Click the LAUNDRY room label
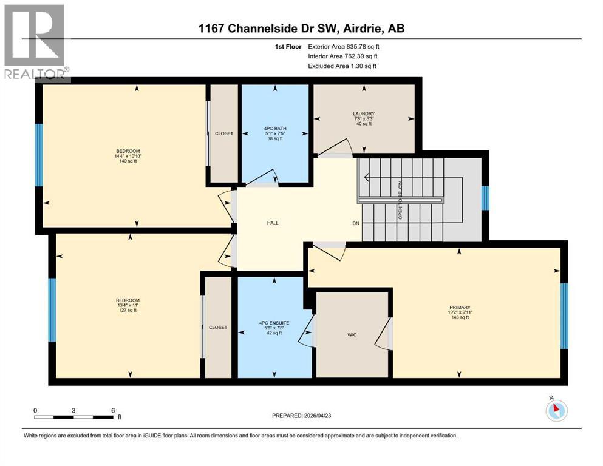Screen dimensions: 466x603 pyautogui.click(x=363, y=113)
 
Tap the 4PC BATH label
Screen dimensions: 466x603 pyautogui.click(x=275, y=129)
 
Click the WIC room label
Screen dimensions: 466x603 pyautogui.click(x=352, y=334)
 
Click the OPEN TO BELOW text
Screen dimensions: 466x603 pyautogui.click(x=400, y=200)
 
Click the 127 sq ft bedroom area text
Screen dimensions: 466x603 pyautogui.click(x=128, y=310)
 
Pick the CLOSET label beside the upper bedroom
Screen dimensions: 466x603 pyautogui.click(x=224, y=133)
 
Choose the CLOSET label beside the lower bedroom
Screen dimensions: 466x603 pyautogui.click(x=218, y=327)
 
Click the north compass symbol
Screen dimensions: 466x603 pyautogui.click(x=555, y=411)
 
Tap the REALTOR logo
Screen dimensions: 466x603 pyautogui.click(x=35, y=42)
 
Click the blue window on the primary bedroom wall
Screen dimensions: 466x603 pyautogui.click(x=564, y=316)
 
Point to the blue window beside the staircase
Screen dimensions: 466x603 pyautogui.click(x=485, y=198)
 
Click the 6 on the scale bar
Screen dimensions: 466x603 pyautogui.click(x=112, y=410)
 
